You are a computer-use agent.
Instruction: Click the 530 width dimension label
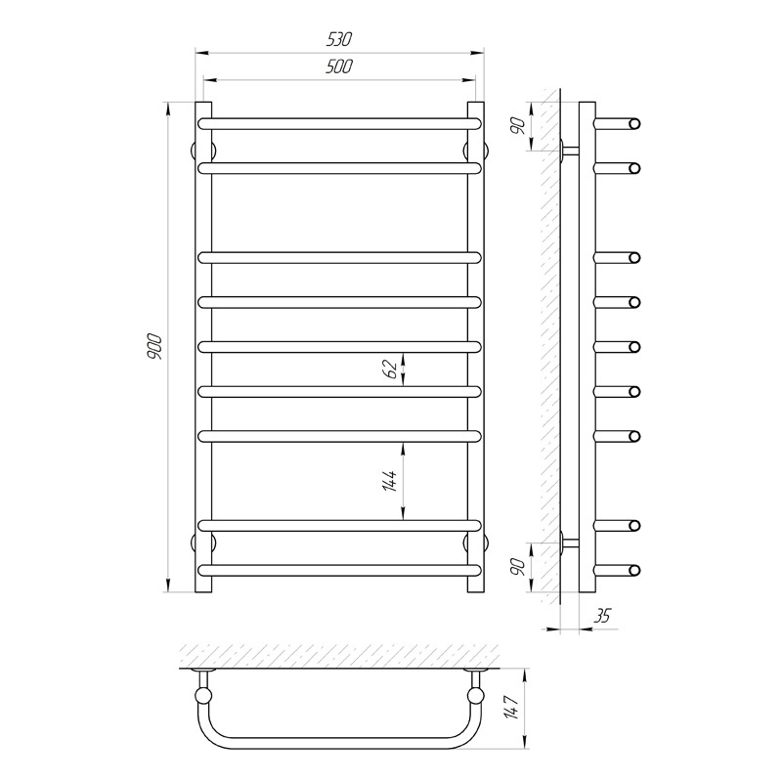(339, 39)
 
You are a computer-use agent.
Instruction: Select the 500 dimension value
(339, 66)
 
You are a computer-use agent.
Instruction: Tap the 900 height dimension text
(154, 347)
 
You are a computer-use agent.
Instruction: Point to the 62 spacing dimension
(391, 369)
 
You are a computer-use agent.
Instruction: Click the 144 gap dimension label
(390, 481)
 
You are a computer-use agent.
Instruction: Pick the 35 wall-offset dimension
(602, 617)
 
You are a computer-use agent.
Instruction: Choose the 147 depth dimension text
(512, 706)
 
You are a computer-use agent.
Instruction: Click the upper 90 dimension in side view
(519, 126)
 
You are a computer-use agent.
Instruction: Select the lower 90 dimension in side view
(519, 567)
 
